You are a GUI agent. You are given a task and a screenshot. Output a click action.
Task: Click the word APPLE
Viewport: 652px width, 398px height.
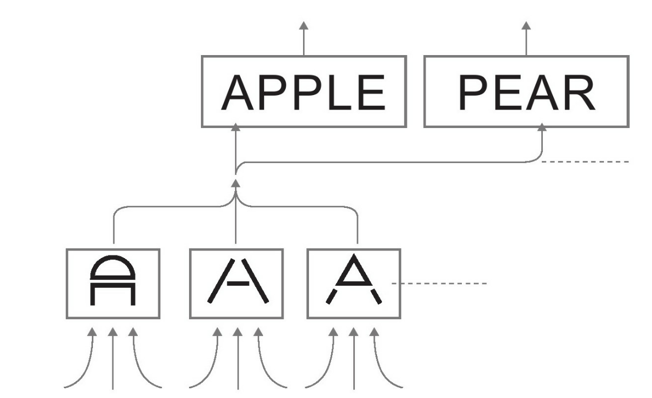click(304, 92)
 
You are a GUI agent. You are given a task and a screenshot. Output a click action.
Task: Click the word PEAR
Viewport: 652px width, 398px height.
click(526, 92)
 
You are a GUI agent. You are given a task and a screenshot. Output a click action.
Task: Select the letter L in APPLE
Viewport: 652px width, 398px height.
click(342, 92)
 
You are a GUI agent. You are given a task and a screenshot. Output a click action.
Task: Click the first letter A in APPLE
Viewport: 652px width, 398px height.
click(238, 92)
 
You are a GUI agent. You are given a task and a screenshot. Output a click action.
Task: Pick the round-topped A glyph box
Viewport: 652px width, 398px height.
click(113, 284)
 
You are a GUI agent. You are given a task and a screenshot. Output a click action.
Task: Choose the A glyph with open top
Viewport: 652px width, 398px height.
click(237, 284)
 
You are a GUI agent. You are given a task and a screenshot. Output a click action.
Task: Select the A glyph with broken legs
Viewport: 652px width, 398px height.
click(354, 284)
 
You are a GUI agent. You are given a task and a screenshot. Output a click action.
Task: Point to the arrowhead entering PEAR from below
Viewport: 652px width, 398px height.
click(542, 128)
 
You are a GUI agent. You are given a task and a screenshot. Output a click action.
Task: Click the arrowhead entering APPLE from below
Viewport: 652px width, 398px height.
click(235, 128)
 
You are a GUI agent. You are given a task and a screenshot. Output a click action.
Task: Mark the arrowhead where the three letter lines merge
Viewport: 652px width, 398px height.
click(235, 183)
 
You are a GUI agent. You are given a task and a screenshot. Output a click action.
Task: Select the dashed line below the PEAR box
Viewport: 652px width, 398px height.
click(586, 161)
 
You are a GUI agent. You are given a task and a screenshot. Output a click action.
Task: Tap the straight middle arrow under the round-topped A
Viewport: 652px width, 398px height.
click(113, 356)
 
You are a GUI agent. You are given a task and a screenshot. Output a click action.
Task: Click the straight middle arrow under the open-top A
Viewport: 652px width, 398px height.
click(238, 356)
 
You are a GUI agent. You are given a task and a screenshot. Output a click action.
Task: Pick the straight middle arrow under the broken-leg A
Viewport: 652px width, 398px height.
click(353, 356)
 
